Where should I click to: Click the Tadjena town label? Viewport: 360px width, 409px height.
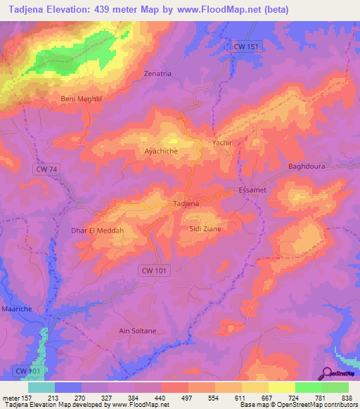tap(186, 204)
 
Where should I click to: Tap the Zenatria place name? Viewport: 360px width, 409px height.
tap(157, 73)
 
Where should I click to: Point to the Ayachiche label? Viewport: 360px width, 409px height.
tap(160, 151)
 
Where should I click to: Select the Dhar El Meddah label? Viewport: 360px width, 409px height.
tap(98, 231)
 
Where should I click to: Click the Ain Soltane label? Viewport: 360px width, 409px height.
tap(138, 330)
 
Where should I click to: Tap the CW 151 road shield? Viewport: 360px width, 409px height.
tap(246, 46)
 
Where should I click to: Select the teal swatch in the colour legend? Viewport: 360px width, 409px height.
tap(41, 387)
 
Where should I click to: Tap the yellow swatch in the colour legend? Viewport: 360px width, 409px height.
tap(281, 387)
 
